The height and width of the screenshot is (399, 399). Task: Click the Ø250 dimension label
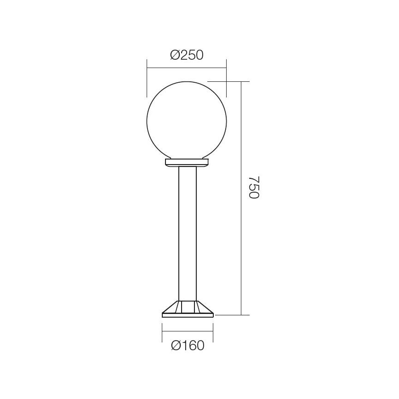click(187, 55)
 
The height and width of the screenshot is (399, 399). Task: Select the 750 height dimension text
click(254, 187)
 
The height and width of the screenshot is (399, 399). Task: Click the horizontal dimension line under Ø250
click(187, 68)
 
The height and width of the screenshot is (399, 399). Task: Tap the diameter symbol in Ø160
click(176, 346)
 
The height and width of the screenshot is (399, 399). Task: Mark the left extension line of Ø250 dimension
click(147, 76)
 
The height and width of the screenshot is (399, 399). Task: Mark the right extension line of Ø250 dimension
click(227, 76)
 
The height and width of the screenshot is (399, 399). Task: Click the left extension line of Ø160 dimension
click(162, 332)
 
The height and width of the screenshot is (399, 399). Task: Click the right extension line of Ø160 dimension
click(213, 332)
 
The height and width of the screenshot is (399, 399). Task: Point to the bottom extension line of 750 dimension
click(232, 315)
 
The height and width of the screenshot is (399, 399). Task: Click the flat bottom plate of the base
click(188, 315)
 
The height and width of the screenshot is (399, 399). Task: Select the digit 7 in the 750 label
click(254, 177)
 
